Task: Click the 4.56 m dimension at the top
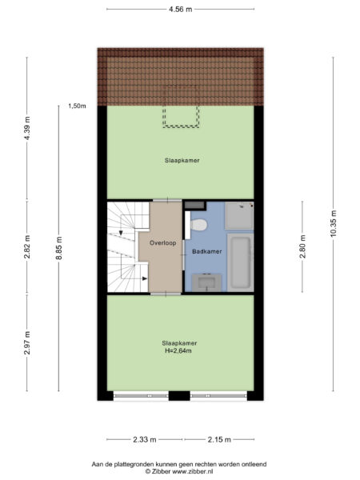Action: (x=181, y=9)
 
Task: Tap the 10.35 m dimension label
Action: (x=334, y=223)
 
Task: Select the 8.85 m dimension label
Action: (x=59, y=248)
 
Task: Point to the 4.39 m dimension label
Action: (x=27, y=129)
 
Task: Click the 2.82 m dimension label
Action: (x=27, y=246)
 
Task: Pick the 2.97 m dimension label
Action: (x=27, y=343)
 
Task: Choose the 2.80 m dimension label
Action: (x=302, y=246)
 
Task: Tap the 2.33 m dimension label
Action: (x=145, y=439)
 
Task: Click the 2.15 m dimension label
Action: (x=219, y=439)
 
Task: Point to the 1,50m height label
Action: (x=77, y=106)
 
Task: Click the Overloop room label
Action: (x=163, y=243)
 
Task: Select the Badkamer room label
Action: (x=207, y=252)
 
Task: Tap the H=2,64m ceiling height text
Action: (x=178, y=351)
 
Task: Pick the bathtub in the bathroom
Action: (x=241, y=262)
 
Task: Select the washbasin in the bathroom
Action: (x=206, y=282)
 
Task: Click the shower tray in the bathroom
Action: (x=239, y=215)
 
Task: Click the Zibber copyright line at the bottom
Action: (x=179, y=471)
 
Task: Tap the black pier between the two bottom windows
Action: (x=179, y=396)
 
